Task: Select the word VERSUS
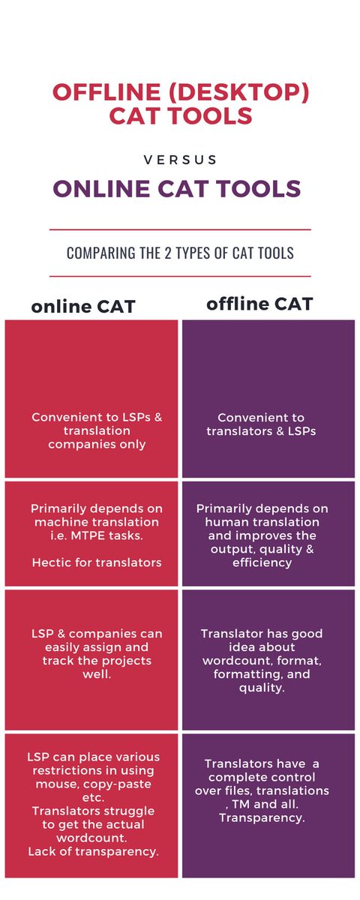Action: [179, 160]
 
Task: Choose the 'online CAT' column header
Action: [82, 307]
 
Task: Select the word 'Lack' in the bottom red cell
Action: [42, 851]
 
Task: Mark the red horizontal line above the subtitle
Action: [180, 229]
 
